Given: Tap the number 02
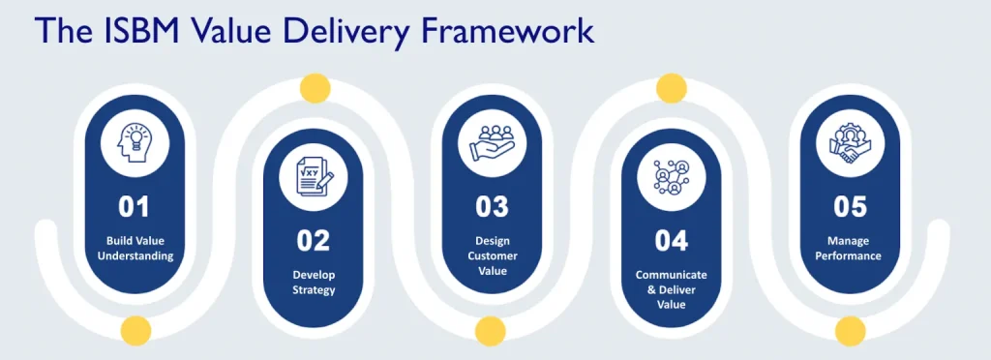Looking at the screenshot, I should click(x=314, y=239).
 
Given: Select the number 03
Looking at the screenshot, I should click(x=493, y=205).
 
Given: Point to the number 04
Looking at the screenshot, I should click(x=671, y=239).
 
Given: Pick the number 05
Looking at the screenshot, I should click(x=850, y=205).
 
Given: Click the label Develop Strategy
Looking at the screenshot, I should click(x=314, y=282).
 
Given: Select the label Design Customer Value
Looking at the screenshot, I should click(x=493, y=255).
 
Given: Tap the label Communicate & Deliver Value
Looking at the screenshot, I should click(x=671, y=289).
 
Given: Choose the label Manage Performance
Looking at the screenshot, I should click(x=850, y=249).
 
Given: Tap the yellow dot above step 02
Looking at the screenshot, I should click(x=314, y=88).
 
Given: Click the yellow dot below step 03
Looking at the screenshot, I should click(x=493, y=332).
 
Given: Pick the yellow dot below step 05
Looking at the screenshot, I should click(x=850, y=332).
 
